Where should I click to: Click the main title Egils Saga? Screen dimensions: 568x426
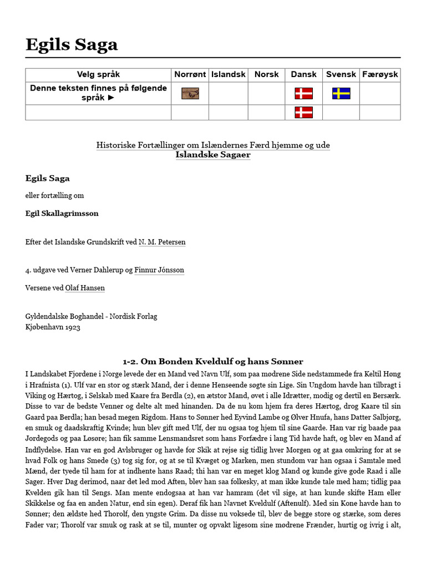click(x=72, y=44)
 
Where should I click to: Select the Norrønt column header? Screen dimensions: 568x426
click(x=190, y=74)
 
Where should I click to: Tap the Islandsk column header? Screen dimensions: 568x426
click(x=229, y=74)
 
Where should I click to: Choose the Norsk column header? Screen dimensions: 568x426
click(x=266, y=74)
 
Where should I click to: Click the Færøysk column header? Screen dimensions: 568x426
click(x=380, y=74)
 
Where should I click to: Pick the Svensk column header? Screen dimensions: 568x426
click(x=341, y=74)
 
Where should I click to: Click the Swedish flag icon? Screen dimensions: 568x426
click(x=341, y=93)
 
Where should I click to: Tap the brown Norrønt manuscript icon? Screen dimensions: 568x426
click(x=190, y=93)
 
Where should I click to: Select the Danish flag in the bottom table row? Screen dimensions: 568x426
click(x=303, y=113)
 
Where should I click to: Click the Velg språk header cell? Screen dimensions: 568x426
click(x=98, y=74)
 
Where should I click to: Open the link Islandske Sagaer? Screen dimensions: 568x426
click(x=213, y=155)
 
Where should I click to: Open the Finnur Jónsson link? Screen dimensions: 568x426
click(x=159, y=270)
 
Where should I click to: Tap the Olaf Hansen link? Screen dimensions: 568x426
click(x=85, y=288)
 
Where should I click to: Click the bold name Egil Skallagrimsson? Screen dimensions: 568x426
click(x=62, y=213)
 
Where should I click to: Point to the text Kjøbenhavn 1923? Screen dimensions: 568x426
click(x=53, y=327)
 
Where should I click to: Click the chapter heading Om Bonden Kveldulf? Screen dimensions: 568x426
click(x=213, y=362)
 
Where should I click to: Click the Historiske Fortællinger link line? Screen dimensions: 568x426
click(x=213, y=145)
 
